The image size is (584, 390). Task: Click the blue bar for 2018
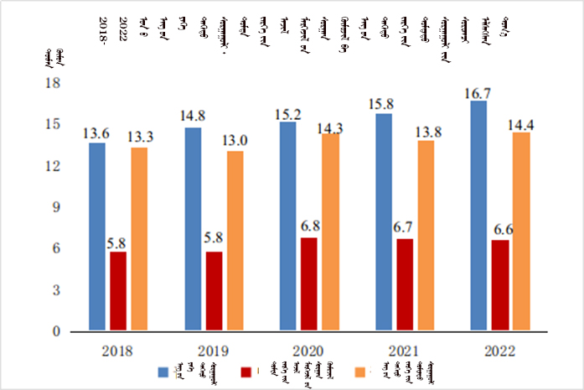[97, 237]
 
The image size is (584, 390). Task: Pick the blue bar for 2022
[479, 216]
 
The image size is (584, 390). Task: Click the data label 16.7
[479, 95]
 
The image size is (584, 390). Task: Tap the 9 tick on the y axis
[59, 207]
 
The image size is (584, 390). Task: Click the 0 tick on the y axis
[59, 331]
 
